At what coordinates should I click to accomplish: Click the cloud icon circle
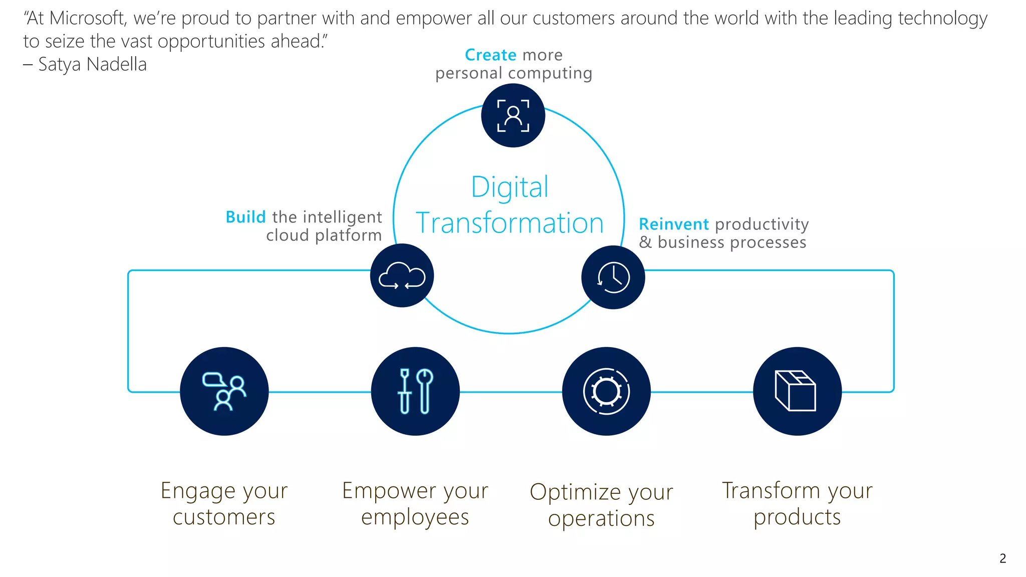coord(402,275)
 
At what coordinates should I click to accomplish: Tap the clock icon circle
coord(613,277)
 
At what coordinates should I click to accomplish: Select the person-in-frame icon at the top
coord(513,115)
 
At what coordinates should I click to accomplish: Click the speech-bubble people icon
coord(224,391)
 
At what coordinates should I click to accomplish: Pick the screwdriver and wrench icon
coord(415,391)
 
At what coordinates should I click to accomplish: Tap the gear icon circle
coord(606,391)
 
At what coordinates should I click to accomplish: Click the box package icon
coord(797,391)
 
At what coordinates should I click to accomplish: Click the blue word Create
coord(490,55)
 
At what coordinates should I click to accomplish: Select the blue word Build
coord(245,217)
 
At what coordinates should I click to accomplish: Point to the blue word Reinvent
coord(674,224)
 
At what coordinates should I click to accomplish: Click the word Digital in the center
coord(510,187)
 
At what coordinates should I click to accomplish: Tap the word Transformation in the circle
coord(509,223)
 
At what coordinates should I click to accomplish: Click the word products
coord(797,517)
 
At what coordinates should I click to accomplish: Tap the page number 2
coord(1002,558)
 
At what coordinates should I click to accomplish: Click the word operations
coord(601,518)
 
